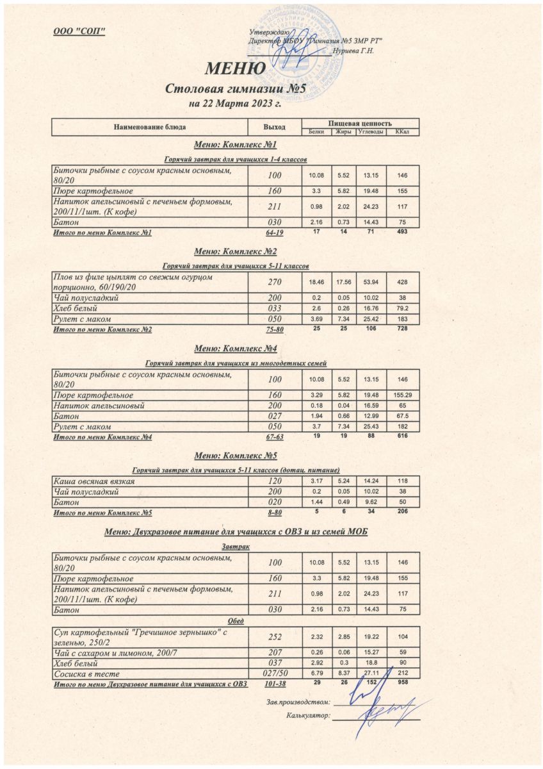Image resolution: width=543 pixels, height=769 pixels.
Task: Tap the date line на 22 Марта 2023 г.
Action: tap(235, 103)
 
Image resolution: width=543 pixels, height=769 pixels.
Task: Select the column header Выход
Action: tap(274, 127)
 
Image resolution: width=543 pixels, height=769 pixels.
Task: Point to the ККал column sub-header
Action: tap(403, 132)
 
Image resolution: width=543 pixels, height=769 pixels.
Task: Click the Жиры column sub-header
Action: tap(341, 132)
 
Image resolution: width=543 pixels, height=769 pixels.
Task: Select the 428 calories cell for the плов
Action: tap(403, 282)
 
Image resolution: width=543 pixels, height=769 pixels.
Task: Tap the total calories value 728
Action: tap(403, 328)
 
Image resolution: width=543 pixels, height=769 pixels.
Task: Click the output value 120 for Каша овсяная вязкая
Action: tap(274, 481)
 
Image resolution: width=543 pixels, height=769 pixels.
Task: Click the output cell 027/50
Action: tap(274, 674)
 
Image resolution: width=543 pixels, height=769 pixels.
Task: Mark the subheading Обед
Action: tap(236, 621)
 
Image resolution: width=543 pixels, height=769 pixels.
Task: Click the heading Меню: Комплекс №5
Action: tap(235, 456)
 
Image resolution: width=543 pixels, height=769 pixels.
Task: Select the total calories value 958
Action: tap(403, 683)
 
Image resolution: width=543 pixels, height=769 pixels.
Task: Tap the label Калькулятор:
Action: tap(309, 715)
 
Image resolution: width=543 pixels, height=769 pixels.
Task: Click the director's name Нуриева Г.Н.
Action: tap(353, 51)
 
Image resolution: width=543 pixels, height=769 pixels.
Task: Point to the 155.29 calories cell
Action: tap(403, 395)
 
